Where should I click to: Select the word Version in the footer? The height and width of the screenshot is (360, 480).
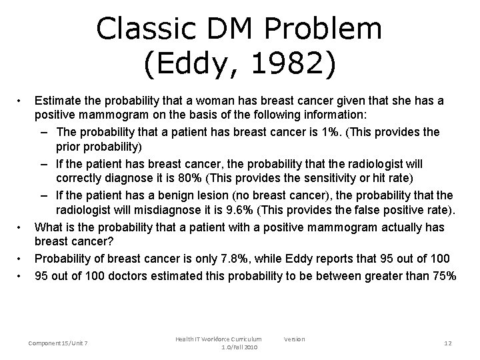(294, 339)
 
